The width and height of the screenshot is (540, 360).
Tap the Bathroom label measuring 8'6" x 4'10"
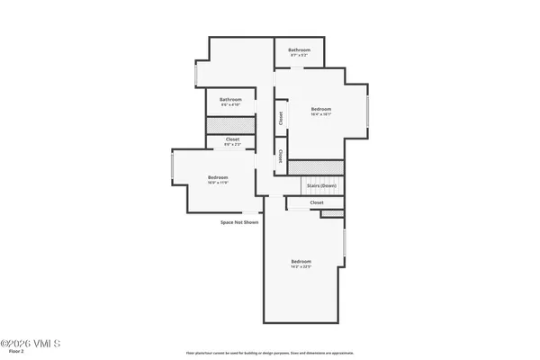(230, 102)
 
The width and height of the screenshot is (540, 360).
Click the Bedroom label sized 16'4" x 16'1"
(321, 111)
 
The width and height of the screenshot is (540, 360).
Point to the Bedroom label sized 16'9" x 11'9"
(218, 180)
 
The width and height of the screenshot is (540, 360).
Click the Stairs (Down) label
(321, 184)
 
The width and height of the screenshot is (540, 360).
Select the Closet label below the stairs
(316, 203)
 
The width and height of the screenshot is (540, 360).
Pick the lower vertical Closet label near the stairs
(281, 156)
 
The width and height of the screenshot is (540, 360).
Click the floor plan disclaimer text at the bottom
(270, 352)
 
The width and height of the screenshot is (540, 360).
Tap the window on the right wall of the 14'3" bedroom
(345, 245)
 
